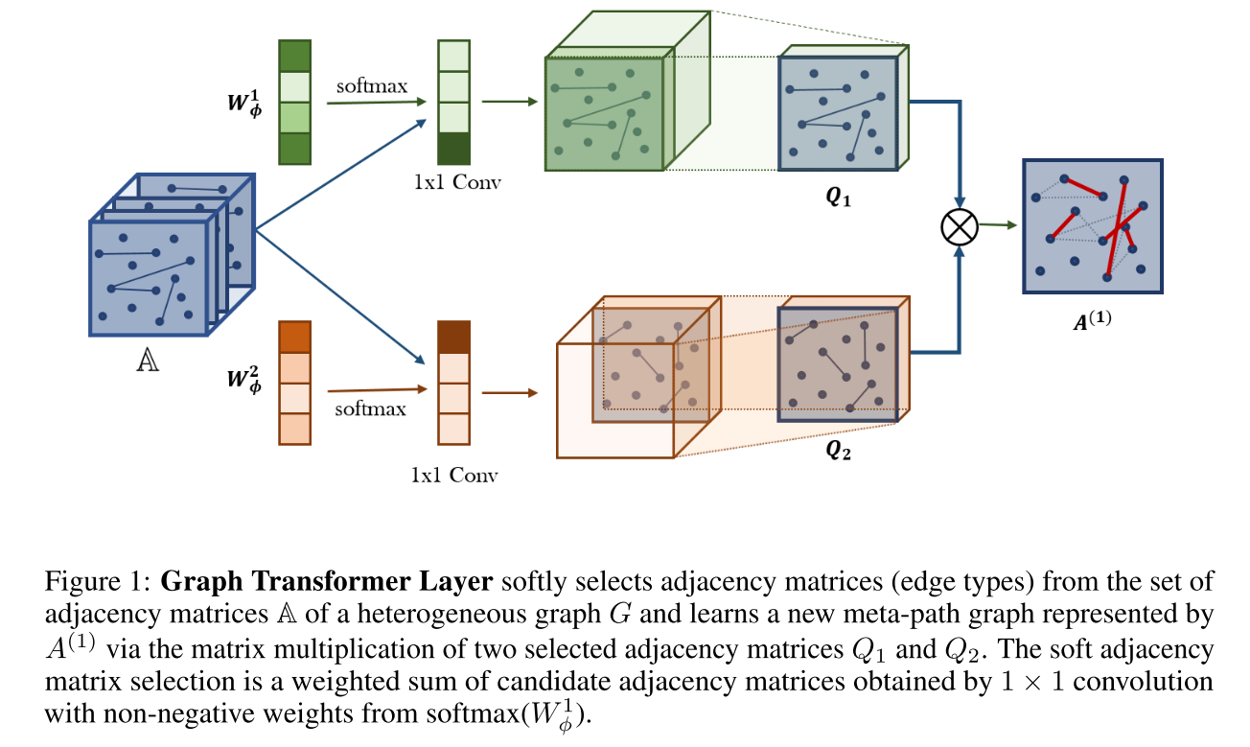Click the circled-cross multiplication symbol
[x=959, y=227]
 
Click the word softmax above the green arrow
[x=371, y=85]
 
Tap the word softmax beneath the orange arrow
[x=371, y=409]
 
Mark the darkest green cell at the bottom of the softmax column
[x=453, y=149]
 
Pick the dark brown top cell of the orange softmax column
[x=453, y=337]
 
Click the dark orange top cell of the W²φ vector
[x=294, y=337]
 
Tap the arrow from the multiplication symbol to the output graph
[x=997, y=226]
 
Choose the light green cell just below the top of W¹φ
[x=294, y=86]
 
